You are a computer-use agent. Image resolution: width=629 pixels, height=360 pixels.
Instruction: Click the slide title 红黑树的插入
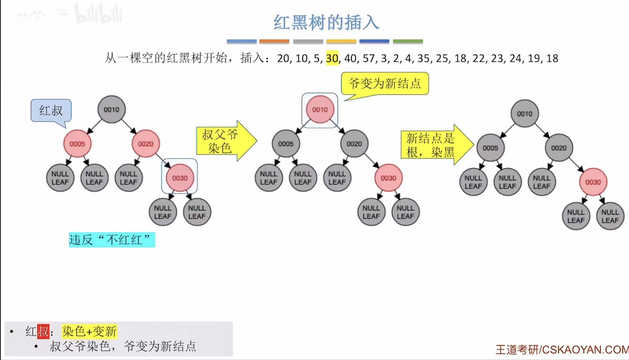point(326,23)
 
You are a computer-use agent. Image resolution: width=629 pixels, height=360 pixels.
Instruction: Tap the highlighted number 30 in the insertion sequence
point(332,58)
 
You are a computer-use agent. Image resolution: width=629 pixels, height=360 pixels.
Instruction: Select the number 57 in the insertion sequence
point(369,58)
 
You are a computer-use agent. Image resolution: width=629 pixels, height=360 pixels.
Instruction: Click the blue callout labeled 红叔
point(51,110)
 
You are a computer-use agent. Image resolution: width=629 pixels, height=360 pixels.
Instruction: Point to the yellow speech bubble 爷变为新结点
point(385,83)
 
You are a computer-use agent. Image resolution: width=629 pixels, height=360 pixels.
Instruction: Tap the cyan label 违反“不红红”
point(112,240)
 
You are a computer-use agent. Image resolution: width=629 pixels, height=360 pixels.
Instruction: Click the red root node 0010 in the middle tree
point(320,110)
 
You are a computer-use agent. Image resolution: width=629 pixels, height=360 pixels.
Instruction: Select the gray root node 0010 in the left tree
point(111,110)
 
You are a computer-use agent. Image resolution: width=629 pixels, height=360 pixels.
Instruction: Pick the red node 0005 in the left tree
point(77,144)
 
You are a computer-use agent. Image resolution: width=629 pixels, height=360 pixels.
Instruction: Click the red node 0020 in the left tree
point(146,144)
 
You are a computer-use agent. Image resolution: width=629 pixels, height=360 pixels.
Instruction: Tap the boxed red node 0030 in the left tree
point(180,178)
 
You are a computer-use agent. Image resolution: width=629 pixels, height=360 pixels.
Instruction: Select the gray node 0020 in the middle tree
point(354,144)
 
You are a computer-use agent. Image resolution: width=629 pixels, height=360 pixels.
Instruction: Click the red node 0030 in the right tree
point(593,182)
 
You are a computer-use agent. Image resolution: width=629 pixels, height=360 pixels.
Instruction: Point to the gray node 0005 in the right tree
point(490,148)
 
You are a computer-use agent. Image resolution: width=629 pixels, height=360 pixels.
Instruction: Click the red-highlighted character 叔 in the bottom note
point(43,331)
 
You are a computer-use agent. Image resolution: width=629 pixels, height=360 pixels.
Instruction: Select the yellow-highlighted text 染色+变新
point(89,331)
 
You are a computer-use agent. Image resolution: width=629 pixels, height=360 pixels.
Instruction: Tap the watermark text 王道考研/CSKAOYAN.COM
point(562,349)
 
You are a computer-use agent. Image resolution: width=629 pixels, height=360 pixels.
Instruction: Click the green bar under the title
point(408,41)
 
